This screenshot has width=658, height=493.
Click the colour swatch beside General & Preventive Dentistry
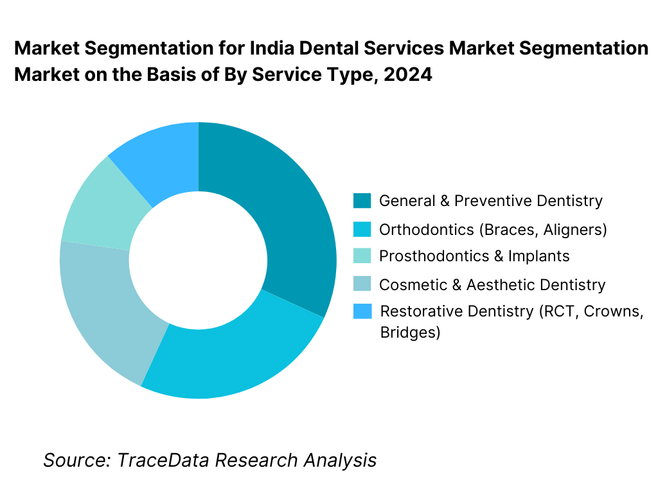tap(362, 201)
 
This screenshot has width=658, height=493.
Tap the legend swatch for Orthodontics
tap(362, 229)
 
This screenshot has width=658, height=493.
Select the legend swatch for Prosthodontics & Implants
tap(362, 256)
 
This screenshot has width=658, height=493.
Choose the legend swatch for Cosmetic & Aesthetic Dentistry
tap(362, 284)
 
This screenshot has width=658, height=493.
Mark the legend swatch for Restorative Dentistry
tap(362, 311)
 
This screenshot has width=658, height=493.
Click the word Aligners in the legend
tap(576, 229)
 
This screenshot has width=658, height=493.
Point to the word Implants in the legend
tap(539, 256)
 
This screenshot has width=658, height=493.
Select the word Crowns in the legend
tap(616, 311)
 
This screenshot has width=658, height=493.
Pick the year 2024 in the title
tap(407, 74)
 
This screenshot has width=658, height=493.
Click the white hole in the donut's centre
tap(198, 260)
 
